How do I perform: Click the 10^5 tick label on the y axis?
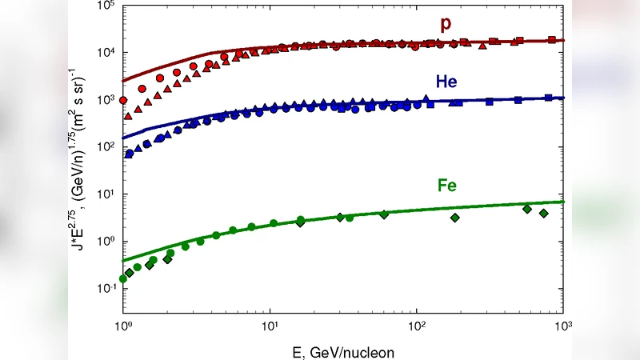pyautogui.click(x=110, y=6)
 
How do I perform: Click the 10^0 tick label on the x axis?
pyautogui.click(x=122, y=326)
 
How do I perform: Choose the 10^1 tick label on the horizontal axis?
pyautogui.click(x=270, y=326)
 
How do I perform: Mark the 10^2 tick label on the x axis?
pyautogui.click(x=416, y=326)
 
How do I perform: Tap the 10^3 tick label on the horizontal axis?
pyautogui.click(x=563, y=326)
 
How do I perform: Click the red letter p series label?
pyautogui.click(x=446, y=24)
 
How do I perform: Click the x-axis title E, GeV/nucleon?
pyautogui.click(x=342, y=350)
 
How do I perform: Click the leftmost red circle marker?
pyautogui.click(x=123, y=101)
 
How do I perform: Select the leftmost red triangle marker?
pyautogui.click(x=129, y=117)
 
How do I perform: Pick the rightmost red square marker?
pyautogui.click(x=551, y=39)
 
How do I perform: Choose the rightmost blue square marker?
pyautogui.click(x=548, y=98)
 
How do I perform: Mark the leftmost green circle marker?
pyautogui.click(x=123, y=278)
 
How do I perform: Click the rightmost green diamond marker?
pyautogui.click(x=544, y=214)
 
